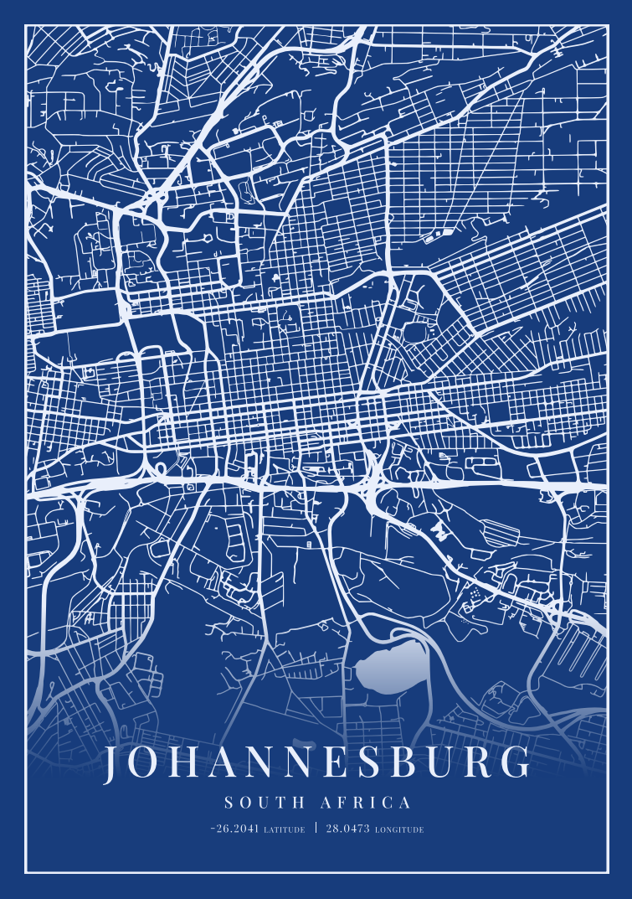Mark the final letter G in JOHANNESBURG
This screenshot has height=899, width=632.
click(516, 763)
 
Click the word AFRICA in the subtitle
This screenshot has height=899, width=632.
click(366, 803)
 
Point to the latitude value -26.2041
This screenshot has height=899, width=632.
click(235, 829)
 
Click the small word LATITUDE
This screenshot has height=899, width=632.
click(285, 830)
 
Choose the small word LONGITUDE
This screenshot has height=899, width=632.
click(399, 830)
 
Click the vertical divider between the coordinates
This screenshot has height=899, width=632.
click(316, 829)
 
